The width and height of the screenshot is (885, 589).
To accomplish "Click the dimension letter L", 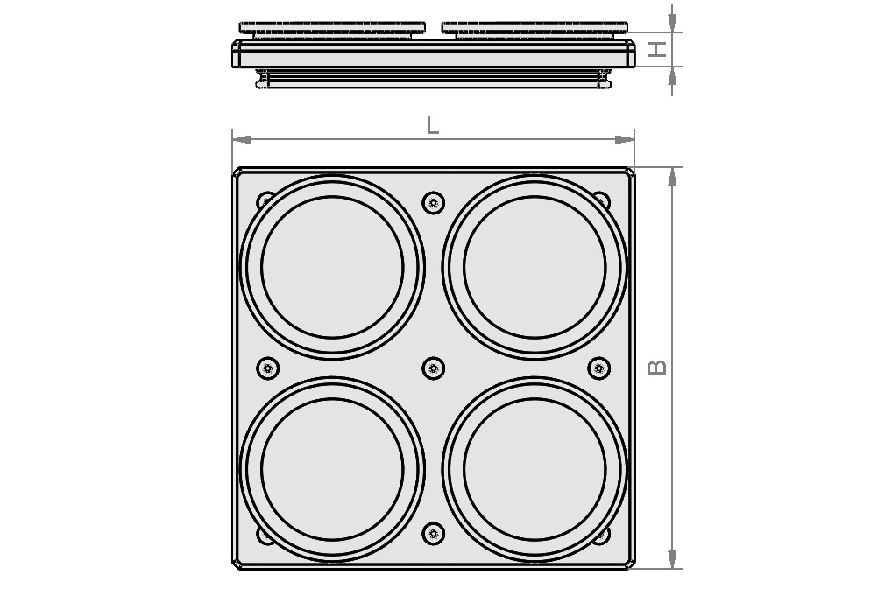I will click(x=432, y=125).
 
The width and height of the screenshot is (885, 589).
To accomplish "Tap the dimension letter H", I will click(x=656, y=50).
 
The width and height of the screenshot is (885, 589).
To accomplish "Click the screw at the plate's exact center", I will click(x=433, y=368).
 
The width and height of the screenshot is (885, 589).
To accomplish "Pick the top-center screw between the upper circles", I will click(x=433, y=203).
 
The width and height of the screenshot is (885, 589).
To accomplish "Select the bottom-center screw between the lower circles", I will click(x=433, y=533).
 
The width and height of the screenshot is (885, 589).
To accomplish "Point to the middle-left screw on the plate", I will click(x=266, y=368).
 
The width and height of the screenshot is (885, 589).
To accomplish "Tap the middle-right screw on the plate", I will click(x=598, y=368).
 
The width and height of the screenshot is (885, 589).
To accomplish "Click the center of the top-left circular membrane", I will click(x=332, y=267).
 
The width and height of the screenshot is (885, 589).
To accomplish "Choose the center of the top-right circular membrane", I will click(x=535, y=267).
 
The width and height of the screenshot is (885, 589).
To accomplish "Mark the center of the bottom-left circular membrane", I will click(x=332, y=469).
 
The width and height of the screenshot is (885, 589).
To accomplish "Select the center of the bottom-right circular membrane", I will click(x=535, y=469).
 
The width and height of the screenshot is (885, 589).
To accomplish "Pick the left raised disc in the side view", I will click(x=332, y=28).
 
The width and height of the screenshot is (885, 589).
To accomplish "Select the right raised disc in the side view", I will click(x=535, y=28).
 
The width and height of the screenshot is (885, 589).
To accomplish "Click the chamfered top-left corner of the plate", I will click(x=238, y=172).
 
